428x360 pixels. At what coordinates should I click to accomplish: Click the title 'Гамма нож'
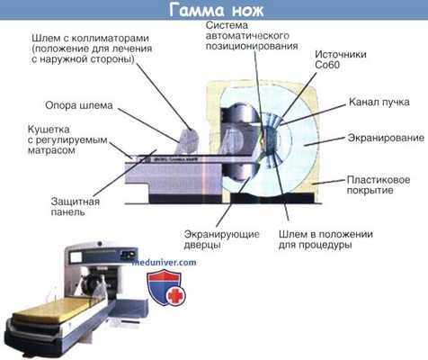click(x=213, y=10)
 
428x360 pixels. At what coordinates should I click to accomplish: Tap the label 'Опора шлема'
click(x=80, y=105)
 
